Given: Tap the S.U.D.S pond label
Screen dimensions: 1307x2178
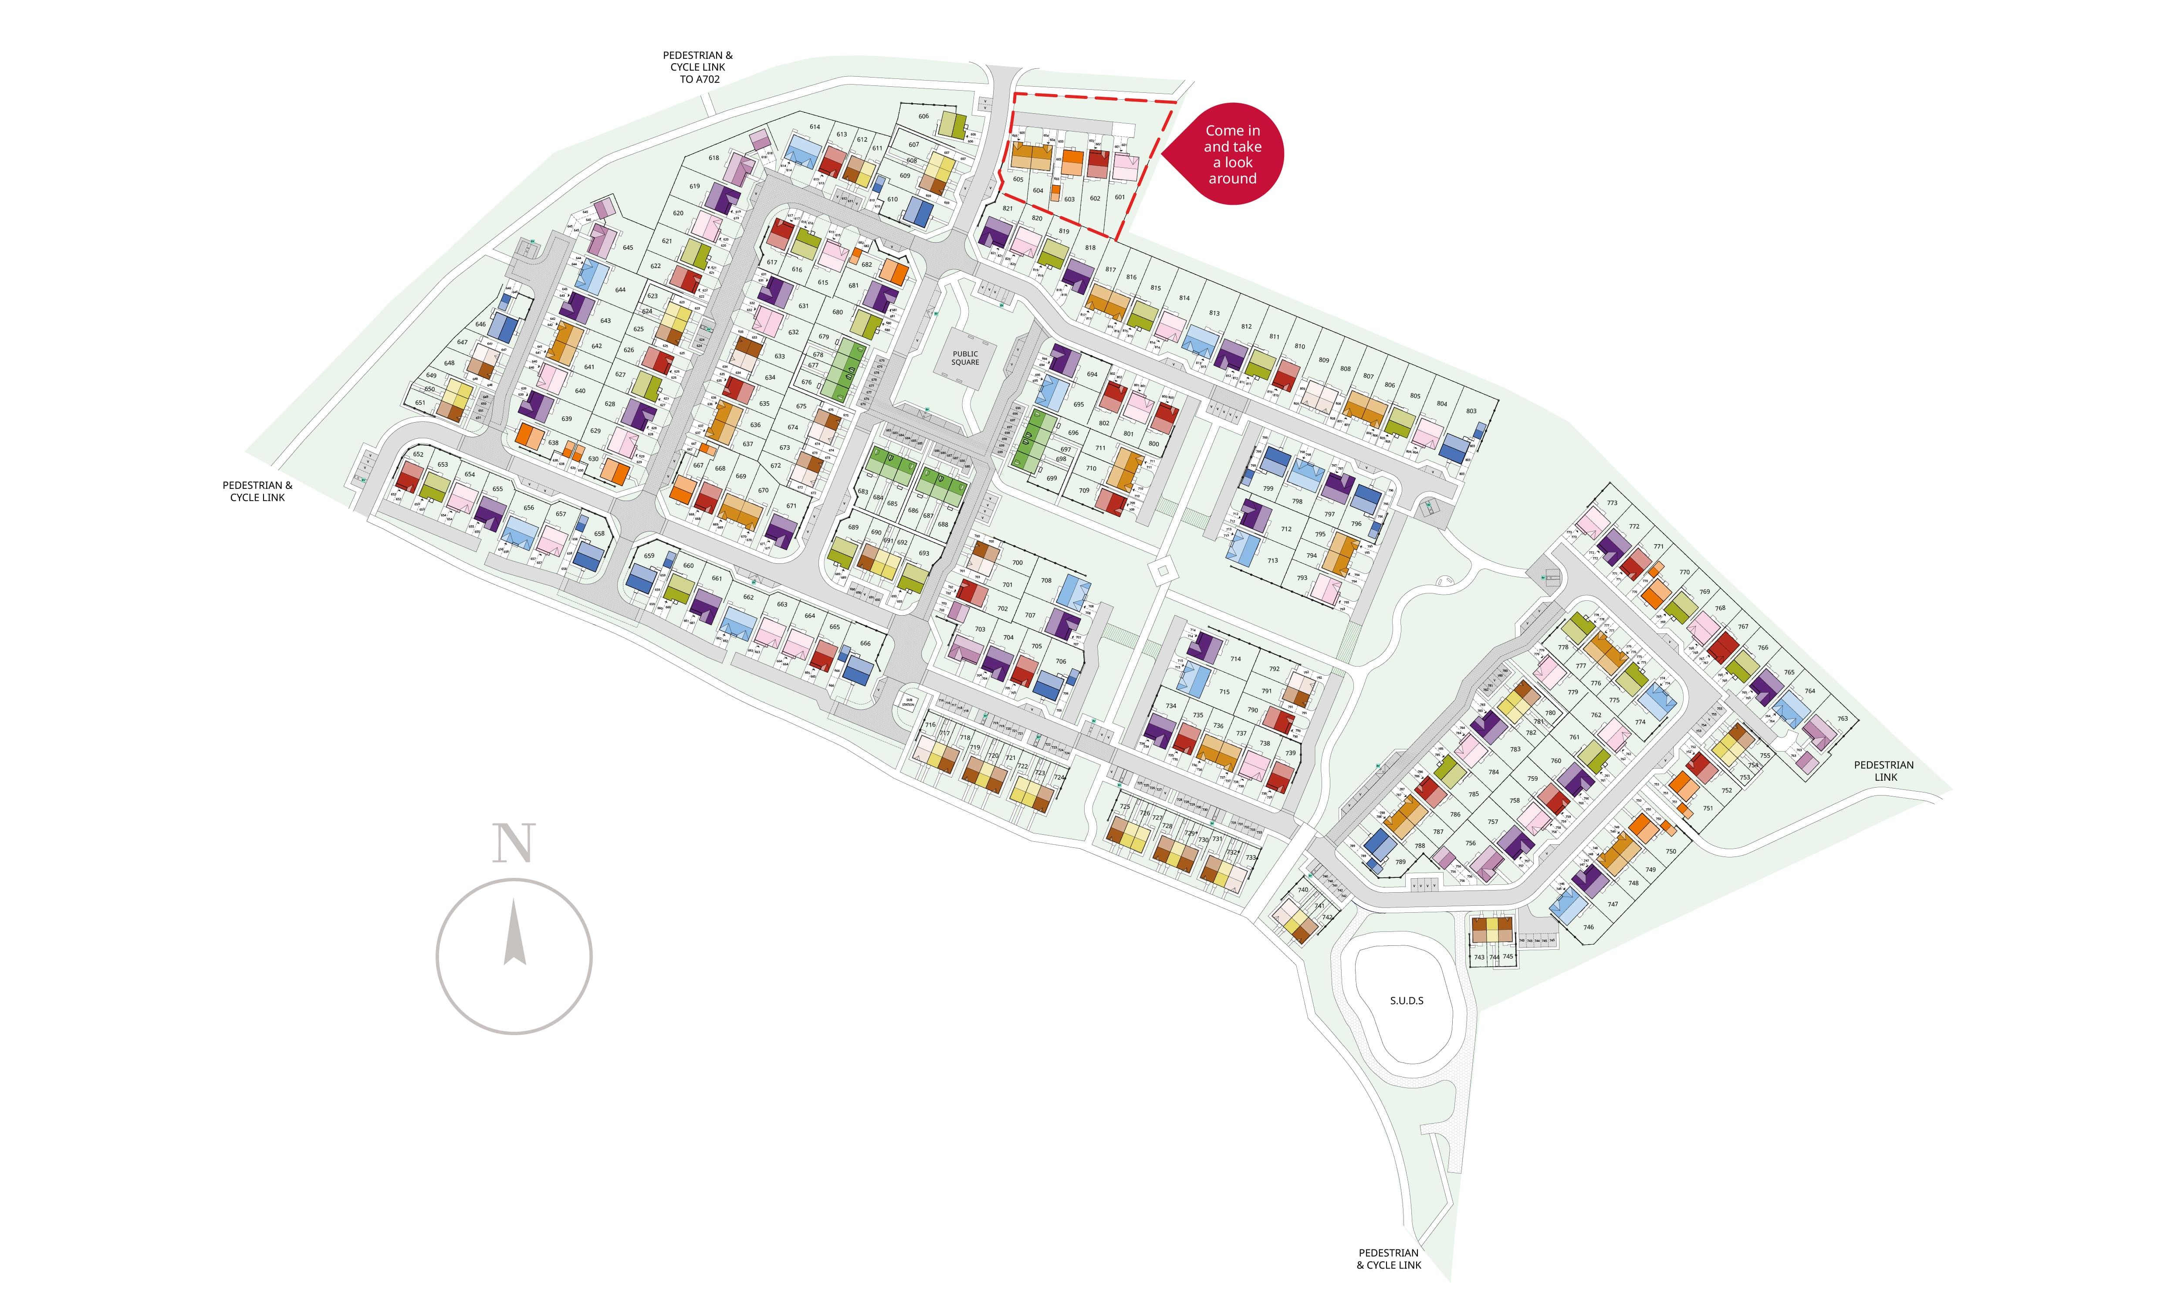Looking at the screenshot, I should (1406, 1000).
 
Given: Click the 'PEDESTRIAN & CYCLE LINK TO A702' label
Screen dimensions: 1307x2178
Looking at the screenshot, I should (697, 67).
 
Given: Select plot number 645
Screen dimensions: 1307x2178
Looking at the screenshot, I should (628, 247).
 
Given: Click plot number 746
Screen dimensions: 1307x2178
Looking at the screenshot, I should (1588, 927).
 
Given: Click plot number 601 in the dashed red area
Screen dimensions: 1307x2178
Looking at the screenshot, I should (1120, 197).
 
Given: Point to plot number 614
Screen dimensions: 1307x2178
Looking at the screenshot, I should (815, 127).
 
